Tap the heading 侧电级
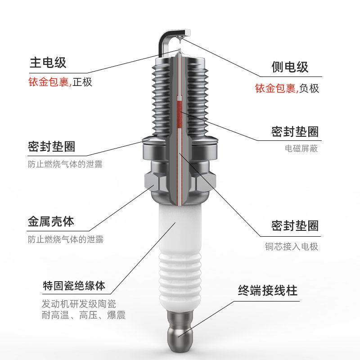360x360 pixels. click(x=290, y=67)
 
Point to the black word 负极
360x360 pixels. click(x=309, y=88)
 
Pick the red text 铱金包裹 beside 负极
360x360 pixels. click(x=275, y=88)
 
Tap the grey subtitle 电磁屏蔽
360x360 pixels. click(x=301, y=148)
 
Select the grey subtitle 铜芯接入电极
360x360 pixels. click(x=292, y=247)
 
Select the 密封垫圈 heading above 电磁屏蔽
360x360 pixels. click(x=295, y=131)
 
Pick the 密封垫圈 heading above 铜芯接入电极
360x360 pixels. click(x=295, y=225)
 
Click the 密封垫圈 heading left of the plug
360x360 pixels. click(x=51, y=146)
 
